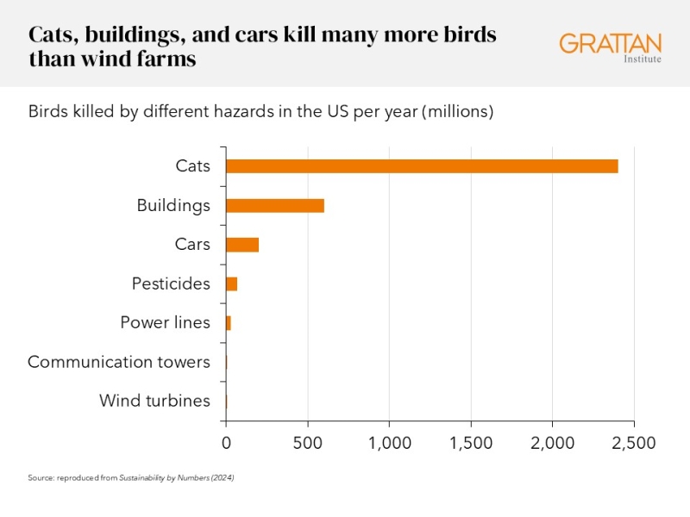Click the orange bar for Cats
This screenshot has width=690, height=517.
click(x=422, y=166)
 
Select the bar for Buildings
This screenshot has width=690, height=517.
click(x=275, y=205)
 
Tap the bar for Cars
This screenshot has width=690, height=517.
click(x=242, y=245)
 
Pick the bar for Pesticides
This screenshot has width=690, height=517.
click(x=231, y=283)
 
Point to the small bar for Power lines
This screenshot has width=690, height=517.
click(x=229, y=323)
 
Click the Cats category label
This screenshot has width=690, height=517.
click(x=192, y=166)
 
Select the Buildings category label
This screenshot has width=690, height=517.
click(x=173, y=205)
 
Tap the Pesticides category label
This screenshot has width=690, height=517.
click(x=171, y=283)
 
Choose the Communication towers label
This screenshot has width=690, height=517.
click(x=119, y=362)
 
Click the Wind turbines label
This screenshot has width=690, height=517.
click(x=154, y=401)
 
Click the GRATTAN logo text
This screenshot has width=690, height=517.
click(x=610, y=43)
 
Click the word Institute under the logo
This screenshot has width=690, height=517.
click(x=642, y=59)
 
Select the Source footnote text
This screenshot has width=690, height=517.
click(x=131, y=477)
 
